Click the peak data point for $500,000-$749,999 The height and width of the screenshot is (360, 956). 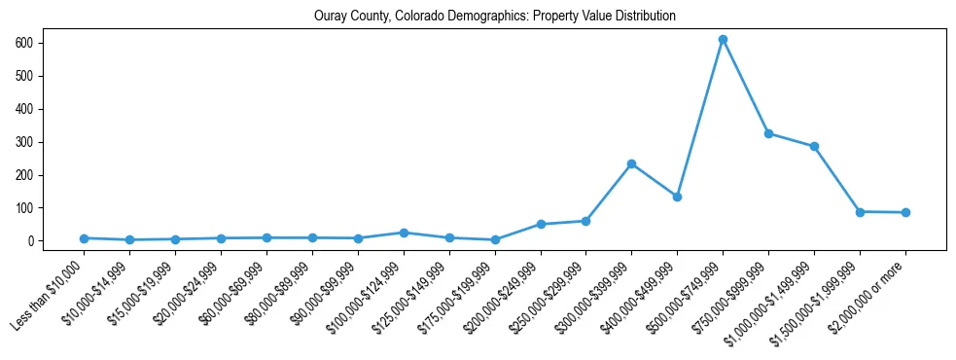click(x=723, y=40)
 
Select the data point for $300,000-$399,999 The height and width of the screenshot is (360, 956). click(x=631, y=163)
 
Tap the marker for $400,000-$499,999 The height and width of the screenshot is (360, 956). click(x=677, y=197)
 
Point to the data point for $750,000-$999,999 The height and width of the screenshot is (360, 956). click(x=768, y=133)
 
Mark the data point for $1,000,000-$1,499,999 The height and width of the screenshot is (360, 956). click(x=814, y=147)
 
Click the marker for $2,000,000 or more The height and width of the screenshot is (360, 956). click(x=905, y=212)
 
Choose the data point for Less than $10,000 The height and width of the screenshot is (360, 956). click(x=85, y=238)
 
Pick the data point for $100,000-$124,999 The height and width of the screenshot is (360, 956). click(x=404, y=233)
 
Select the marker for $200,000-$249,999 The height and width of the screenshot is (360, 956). click(x=541, y=224)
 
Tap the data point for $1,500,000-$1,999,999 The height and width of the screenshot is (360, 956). click(x=860, y=211)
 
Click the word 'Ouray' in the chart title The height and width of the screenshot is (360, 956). click(x=331, y=17)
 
